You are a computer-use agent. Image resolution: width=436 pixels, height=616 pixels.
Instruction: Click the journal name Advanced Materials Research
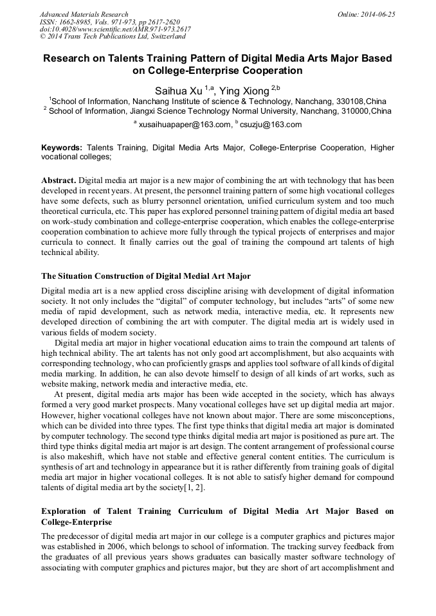84,14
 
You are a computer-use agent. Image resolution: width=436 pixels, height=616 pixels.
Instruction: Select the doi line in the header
115,30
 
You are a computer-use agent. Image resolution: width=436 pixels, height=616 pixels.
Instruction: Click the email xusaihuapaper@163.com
185,125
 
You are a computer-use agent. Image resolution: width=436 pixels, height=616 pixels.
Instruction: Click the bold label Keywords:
62,148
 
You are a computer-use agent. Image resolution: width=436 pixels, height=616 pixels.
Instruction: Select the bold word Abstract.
59,180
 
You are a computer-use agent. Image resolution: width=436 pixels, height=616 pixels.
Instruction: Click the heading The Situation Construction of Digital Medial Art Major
146,276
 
